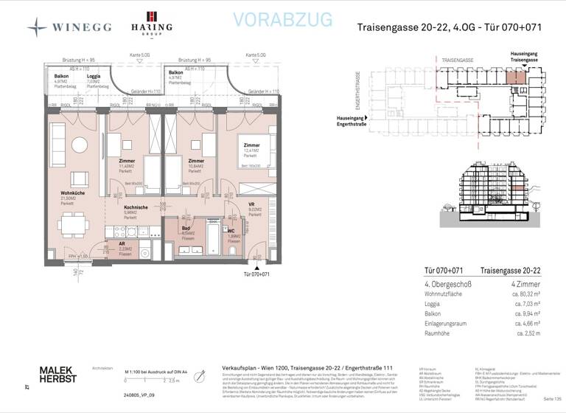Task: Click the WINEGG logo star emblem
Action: pos(38,27)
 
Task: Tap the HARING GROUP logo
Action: pos(151,24)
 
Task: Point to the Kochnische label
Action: pos(136,208)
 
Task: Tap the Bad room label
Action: pos(187,229)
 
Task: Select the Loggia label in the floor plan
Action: pos(94,76)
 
